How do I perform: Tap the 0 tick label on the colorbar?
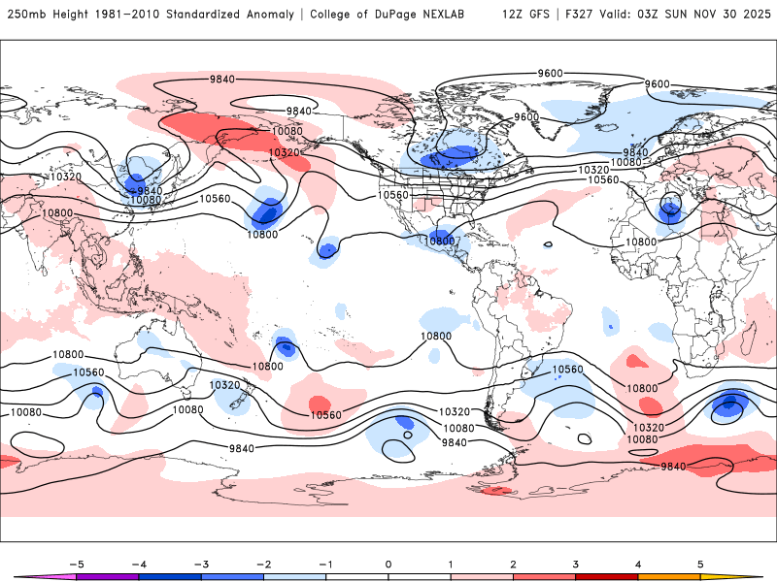[388, 564]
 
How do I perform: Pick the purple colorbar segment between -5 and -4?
[109, 576]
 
